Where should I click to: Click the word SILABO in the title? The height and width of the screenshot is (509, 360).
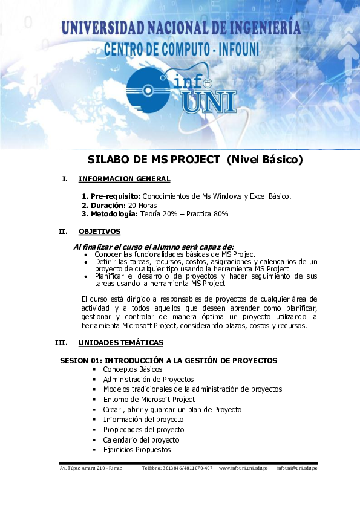[109, 160]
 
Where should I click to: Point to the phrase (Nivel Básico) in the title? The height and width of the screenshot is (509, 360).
[264, 160]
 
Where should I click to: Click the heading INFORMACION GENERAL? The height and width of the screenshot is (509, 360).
[124, 179]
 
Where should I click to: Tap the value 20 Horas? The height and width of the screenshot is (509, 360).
[142, 206]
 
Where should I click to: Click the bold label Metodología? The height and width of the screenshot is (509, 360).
[114, 214]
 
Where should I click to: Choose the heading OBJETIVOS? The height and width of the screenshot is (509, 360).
[99, 232]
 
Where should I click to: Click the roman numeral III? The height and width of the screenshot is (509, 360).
[61, 343]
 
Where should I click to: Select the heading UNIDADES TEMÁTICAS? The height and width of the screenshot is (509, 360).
[120, 343]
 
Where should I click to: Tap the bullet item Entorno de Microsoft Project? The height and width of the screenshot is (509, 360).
[149, 400]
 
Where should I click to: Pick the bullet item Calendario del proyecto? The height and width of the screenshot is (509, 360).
[141, 440]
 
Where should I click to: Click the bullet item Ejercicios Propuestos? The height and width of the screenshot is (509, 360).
[137, 450]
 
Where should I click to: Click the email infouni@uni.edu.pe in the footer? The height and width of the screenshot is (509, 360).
[297, 469]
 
